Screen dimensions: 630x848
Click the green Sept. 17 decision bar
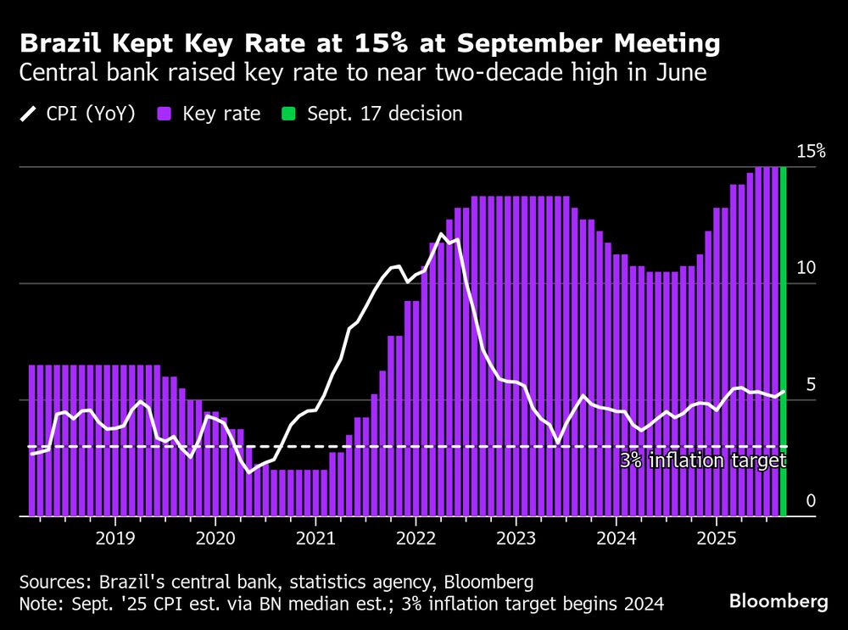[783, 339]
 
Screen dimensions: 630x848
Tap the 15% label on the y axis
[810, 152]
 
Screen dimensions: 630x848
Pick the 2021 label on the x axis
[315, 538]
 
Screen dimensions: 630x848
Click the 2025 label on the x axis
[716, 538]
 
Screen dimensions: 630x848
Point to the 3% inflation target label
[702, 461]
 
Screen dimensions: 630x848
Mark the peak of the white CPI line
[441, 234]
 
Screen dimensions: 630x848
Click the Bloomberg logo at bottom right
[778, 601]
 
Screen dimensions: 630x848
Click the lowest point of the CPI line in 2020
[249, 471]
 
